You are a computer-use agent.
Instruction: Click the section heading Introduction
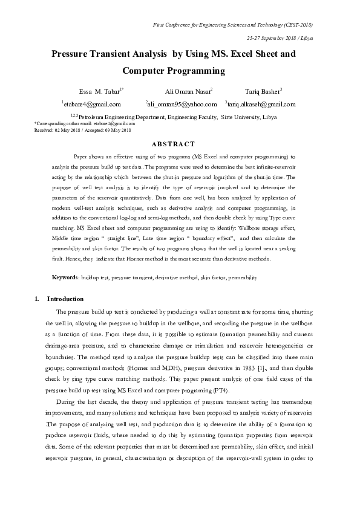coord(65,299)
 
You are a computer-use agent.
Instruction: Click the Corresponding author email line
coord(85,124)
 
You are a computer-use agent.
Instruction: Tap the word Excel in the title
coord(242,54)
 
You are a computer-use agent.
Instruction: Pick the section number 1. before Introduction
coord(37,299)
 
